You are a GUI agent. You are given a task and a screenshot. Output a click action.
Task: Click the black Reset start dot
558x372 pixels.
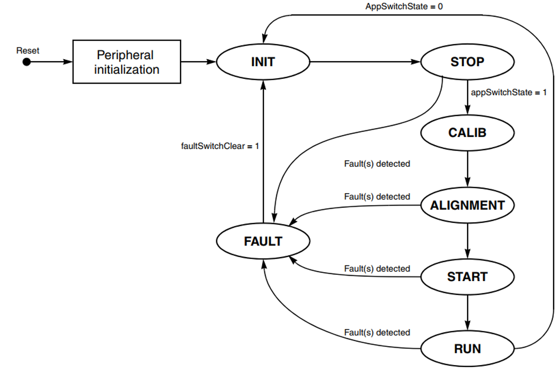click(x=27, y=62)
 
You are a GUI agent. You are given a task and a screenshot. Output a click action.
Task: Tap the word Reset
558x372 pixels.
click(x=28, y=50)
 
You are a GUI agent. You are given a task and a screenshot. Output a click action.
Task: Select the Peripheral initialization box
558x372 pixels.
click(x=127, y=62)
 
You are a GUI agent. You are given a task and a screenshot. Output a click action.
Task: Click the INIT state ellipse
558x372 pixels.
click(x=263, y=62)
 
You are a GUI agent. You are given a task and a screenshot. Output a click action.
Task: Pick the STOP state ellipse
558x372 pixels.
click(x=467, y=62)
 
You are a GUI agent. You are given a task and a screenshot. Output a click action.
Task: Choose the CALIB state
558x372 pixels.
click(x=467, y=132)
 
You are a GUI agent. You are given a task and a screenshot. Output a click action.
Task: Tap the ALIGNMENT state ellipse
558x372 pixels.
click(x=467, y=205)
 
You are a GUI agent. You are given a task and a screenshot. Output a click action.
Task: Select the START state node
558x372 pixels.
click(x=467, y=277)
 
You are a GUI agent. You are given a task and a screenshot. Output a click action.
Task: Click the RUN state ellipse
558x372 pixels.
click(x=467, y=349)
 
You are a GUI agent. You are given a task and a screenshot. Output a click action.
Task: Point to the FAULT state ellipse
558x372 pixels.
click(x=263, y=241)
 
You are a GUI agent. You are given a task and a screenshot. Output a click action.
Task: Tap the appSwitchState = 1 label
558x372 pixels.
click(x=509, y=92)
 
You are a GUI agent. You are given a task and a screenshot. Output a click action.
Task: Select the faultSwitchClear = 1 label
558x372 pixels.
click(x=220, y=146)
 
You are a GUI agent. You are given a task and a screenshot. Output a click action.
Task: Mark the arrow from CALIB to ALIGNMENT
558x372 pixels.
click(x=468, y=169)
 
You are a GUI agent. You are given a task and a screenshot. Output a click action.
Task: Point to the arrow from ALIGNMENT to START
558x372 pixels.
click(x=468, y=241)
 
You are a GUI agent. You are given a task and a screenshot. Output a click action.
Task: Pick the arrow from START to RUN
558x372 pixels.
click(x=468, y=313)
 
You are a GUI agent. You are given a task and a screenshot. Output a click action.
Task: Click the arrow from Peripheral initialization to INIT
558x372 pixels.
click(x=198, y=62)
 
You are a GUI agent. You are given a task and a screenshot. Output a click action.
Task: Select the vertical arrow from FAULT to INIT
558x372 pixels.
click(x=263, y=152)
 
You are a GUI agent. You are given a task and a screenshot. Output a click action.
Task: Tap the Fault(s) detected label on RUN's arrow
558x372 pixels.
click(x=377, y=332)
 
